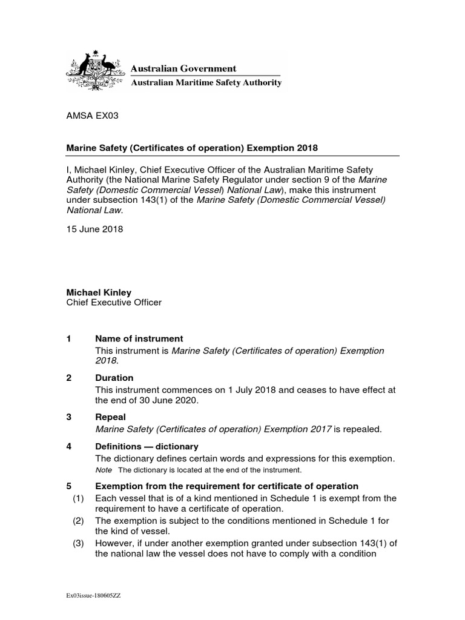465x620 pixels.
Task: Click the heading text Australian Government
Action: pyautogui.click(x=184, y=68)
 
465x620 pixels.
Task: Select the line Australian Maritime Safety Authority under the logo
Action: pyautogui.click(x=206, y=83)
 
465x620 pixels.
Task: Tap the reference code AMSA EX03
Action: pyautogui.click(x=88, y=117)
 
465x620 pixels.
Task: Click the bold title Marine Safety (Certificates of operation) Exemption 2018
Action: pyautogui.click(x=192, y=148)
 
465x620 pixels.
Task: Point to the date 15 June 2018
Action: pyautogui.click(x=94, y=229)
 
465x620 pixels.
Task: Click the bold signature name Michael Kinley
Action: pyautogui.click(x=98, y=292)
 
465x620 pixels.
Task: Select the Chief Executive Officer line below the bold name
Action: pyautogui.click(x=114, y=303)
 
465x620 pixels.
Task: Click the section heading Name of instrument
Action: pyautogui.click(x=139, y=339)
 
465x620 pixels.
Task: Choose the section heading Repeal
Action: pyautogui.click(x=111, y=417)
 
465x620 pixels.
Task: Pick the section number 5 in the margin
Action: pyautogui.click(x=69, y=486)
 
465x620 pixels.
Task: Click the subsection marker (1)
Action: pyautogui.click(x=77, y=498)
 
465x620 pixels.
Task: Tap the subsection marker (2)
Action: pyautogui.click(x=77, y=521)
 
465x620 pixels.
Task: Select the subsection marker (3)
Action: pyautogui.click(x=77, y=543)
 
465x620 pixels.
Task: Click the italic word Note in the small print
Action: pyautogui.click(x=104, y=470)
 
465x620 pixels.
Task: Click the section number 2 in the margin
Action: pyautogui.click(x=69, y=378)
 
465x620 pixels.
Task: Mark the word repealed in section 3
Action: pyautogui.click(x=362, y=429)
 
